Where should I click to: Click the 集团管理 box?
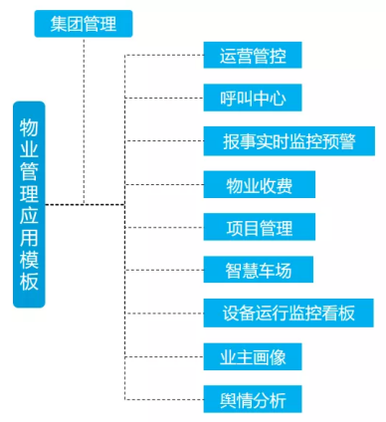(x=83, y=23)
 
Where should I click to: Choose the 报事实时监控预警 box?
(x=289, y=141)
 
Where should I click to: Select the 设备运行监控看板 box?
(x=289, y=314)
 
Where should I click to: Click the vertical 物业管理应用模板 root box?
(x=29, y=205)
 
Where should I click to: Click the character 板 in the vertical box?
(x=29, y=281)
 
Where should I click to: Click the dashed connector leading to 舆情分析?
(x=164, y=400)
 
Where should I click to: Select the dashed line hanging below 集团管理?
(x=84, y=119)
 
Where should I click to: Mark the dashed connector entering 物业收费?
(x=164, y=185)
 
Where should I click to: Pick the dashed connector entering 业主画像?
(x=164, y=357)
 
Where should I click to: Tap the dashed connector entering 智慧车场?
(x=164, y=271)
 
